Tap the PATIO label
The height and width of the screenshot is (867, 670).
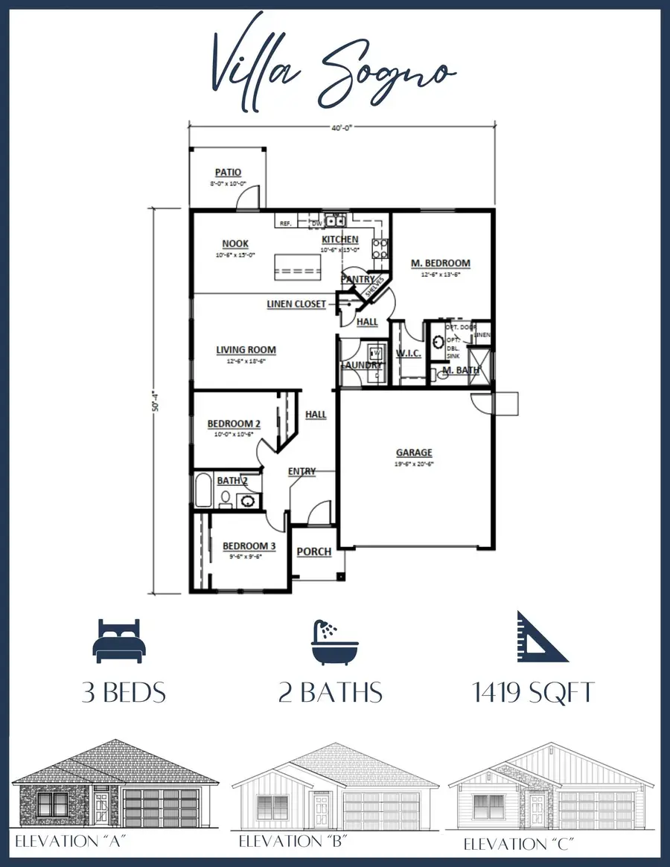[228, 173]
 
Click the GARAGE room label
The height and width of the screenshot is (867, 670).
[414, 452]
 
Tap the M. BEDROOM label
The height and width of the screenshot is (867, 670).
[441, 263]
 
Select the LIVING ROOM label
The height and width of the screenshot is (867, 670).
[246, 350]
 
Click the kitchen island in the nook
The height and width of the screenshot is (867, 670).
[297, 267]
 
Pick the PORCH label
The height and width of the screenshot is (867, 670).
[314, 551]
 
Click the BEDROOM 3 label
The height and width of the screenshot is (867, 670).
[249, 546]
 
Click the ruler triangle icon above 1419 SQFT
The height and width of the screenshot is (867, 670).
[541, 638]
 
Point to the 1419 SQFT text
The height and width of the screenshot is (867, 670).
[534, 693]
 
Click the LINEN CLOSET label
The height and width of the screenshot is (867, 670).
[296, 304]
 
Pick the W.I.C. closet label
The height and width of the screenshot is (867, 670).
[408, 353]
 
